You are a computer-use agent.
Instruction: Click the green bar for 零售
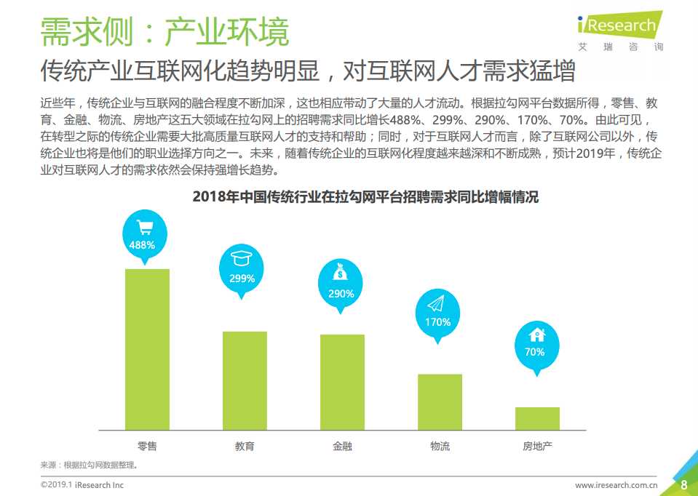tap(147, 348)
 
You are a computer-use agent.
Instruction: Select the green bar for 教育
tap(245, 380)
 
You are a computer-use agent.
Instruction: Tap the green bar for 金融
tap(342, 381)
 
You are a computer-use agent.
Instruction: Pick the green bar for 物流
tap(440, 401)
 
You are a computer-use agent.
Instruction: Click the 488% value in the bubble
tap(142, 245)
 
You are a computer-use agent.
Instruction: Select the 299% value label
tap(242, 278)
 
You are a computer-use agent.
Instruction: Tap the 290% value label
tap(341, 294)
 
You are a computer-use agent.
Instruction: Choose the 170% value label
tap(437, 321)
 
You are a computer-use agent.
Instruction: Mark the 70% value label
tap(535, 352)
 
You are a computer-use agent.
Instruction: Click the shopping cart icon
tap(143, 227)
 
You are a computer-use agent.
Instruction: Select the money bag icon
tap(340, 274)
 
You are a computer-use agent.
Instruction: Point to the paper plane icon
tap(437, 303)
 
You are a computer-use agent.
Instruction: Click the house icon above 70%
tap(536, 335)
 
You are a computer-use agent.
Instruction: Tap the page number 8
tap(683, 485)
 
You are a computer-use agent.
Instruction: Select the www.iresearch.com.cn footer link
tap(616, 485)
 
